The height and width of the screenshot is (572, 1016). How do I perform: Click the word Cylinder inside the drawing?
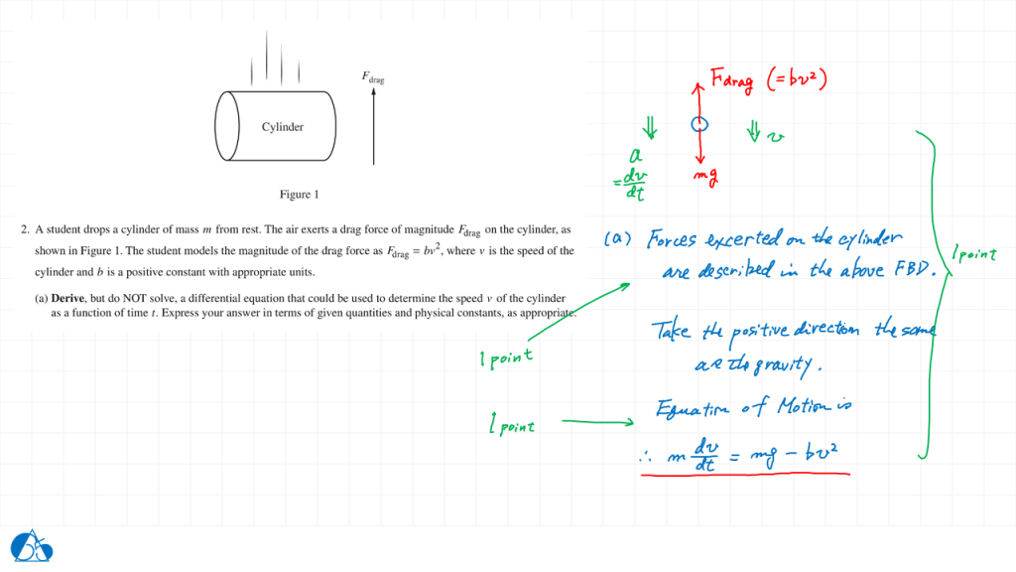(x=283, y=127)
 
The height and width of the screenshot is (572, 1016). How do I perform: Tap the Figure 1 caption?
(x=299, y=195)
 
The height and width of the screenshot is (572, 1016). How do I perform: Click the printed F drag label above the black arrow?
(x=373, y=76)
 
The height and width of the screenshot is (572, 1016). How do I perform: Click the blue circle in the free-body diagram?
(x=699, y=124)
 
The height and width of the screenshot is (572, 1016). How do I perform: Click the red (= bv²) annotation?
(x=798, y=78)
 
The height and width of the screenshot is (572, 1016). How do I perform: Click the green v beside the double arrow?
(x=776, y=136)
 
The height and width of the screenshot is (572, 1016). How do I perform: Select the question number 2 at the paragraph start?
(x=23, y=229)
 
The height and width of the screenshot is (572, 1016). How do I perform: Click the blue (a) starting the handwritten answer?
(x=618, y=239)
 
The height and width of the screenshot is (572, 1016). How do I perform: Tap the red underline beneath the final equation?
(x=744, y=475)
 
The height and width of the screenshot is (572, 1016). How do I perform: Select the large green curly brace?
(x=932, y=293)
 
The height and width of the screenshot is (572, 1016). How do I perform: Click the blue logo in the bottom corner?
(x=32, y=545)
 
